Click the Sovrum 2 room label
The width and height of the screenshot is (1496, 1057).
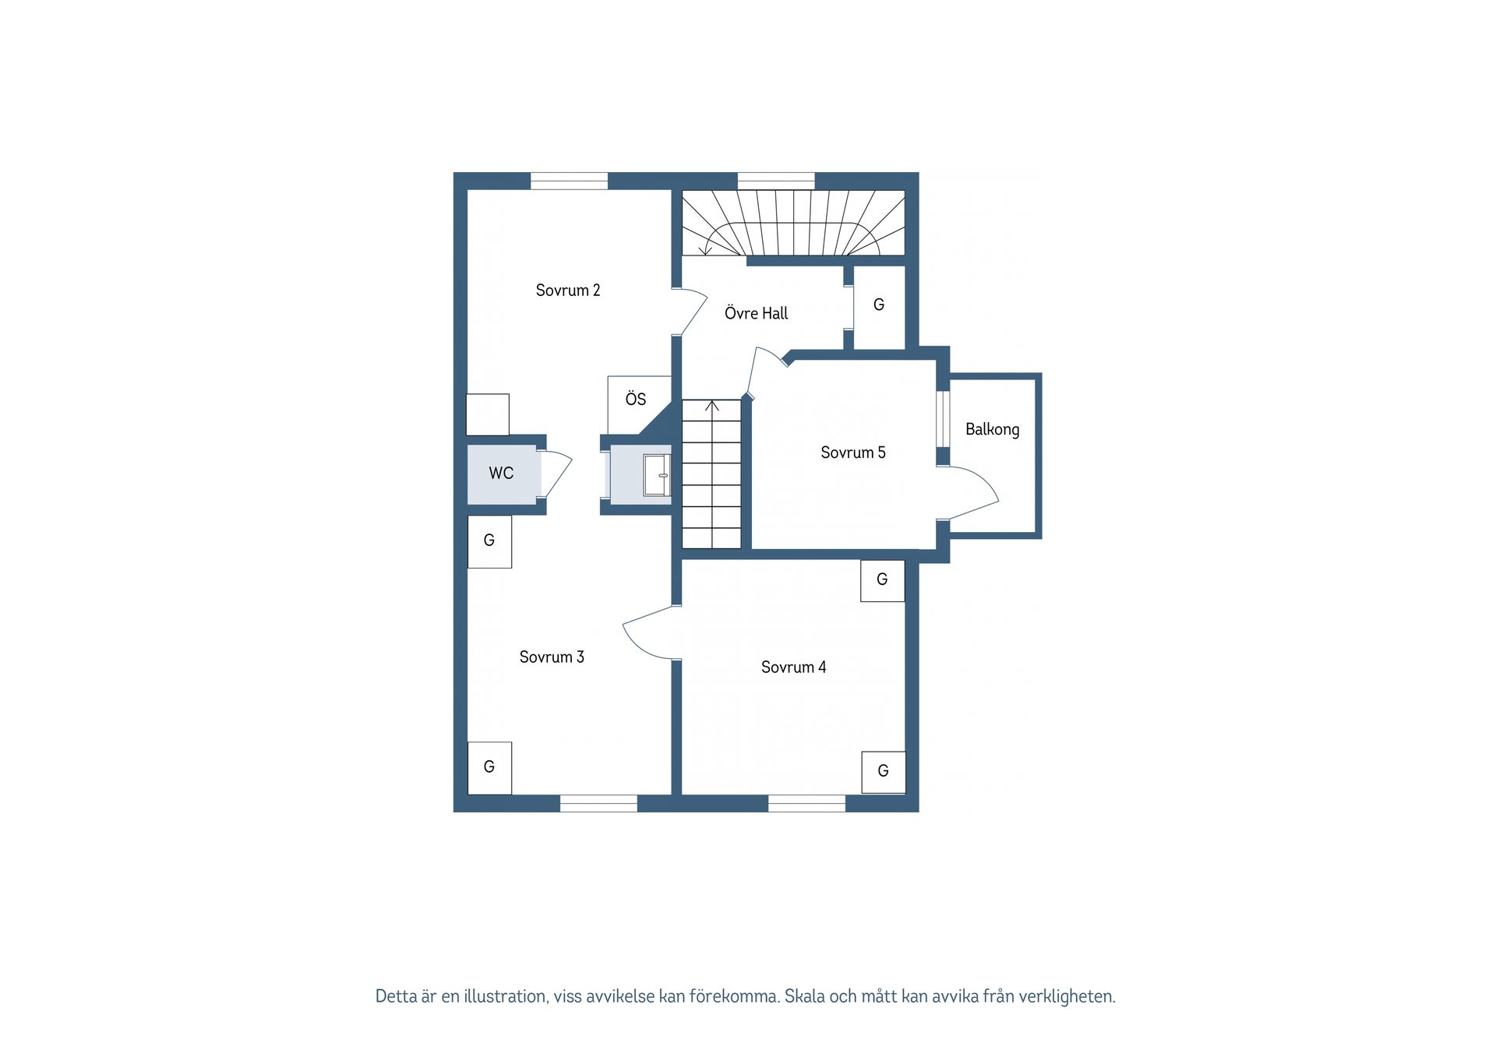click(567, 291)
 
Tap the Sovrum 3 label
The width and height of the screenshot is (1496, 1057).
click(552, 657)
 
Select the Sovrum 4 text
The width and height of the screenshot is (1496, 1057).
click(793, 668)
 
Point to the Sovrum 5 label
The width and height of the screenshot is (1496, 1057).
click(853, 453)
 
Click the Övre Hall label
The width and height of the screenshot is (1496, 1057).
click(756, 313)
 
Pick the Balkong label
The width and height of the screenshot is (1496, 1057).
click(992, 430)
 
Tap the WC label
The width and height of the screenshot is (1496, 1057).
click(501, 473)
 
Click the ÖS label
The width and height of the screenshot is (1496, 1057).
click(636, 399)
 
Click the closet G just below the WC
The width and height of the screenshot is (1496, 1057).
click(489, 541)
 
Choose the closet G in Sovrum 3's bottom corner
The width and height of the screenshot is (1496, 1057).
click(489, 768)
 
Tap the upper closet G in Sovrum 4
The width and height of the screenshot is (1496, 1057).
click(883, 580)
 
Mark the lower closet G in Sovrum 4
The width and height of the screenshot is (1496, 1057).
click(884, 772)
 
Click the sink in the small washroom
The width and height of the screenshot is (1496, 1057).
click(657, 475)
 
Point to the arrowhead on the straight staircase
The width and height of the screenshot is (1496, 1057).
click(711, 405)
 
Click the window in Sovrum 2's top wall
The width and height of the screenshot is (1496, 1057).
click(569, 181)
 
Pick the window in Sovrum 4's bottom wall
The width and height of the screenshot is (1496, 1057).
click(806, 803)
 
